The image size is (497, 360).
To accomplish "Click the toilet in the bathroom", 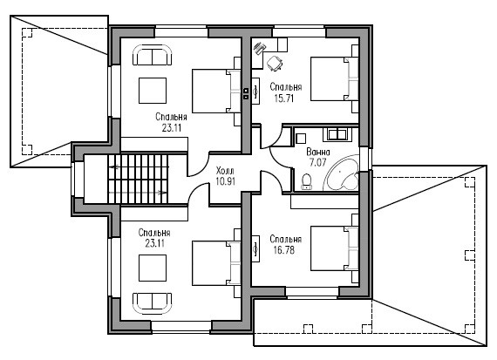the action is pyautogui.click(x=307, y=182).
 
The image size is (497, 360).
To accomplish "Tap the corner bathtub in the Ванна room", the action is pyautogui.click(x=342, y=174).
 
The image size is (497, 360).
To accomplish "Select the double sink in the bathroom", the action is pyautogui.click(x=337, y=134).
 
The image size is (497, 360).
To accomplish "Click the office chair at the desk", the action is pyautogui.click(x=275, y=63).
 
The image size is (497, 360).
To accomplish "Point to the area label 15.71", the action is pyautogui.click(x=284, y=98).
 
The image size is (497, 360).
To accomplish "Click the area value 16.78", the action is pyautogui.click(x=284, y=250).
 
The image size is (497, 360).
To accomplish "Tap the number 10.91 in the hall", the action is pyautogui.click(x=225, y=181).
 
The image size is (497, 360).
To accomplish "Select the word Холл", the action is pyautogui.click(x=225, y=171).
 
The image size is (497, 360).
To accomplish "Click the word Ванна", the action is pyautogui.click(x=318, y=153).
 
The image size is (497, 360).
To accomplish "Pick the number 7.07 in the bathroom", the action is pyautogui.click(x=317, y=163).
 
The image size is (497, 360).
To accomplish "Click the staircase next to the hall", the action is pyautogui.click(x=138, y=179).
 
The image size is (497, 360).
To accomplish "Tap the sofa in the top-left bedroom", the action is pyautogui.click(x=152, y=55).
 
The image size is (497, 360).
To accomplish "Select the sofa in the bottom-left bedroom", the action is pyautogui.click(x=152, y=303).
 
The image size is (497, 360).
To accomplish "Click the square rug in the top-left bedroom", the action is pyautogui.click(x=153, y=91).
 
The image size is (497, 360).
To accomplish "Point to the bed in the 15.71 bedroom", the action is pyautogui.click(x=335, y=79).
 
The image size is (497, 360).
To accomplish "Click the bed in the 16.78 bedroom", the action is pyautogui.click(x=335, y=248).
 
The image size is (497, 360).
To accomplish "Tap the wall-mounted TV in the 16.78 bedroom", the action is pyautogui.click(x=255, y=248).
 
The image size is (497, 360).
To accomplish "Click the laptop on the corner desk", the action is pyautogui.click(x=260, y=49).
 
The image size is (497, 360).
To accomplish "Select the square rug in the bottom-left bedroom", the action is pyautogui.click(x=153, y=268).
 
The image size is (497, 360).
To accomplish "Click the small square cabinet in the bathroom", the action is pyautogui.click(x=301, y=139).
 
